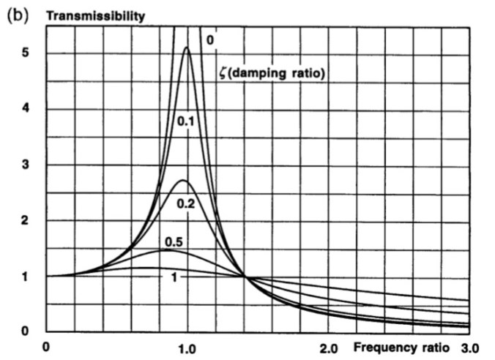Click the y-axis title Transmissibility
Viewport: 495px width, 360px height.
click(95, 15)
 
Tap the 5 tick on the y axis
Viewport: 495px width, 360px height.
click(24, 54)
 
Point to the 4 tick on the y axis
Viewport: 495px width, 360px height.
click(24, 110)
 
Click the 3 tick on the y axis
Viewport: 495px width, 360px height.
click(24, 165)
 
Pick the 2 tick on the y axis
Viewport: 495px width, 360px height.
click(24, 221)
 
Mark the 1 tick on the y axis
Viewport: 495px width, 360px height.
click(24, 277)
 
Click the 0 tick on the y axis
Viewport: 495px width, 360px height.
click(24, 331)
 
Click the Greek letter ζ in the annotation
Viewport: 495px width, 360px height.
click(221, 72)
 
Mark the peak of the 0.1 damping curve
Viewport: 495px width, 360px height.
click(187, 48)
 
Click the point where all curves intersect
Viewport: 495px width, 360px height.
click(245, 277)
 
